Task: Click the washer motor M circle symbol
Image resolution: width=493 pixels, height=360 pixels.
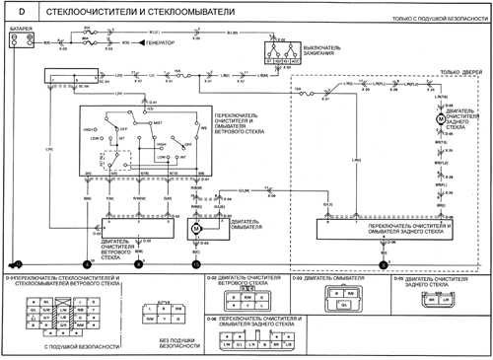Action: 196,227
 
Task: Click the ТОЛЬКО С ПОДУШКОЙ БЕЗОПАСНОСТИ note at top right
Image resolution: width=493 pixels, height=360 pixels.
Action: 434,20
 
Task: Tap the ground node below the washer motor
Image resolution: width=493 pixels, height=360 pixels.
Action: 196,263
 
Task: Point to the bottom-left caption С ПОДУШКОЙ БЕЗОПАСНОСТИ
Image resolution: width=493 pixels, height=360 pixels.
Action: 49,347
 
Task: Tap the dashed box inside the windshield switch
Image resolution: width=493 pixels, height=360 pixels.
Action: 124,164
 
